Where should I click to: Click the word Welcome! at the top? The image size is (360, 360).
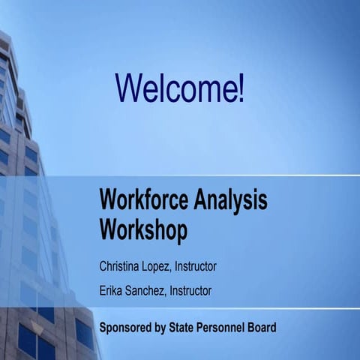[x=180, y=88]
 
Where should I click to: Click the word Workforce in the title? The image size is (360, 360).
[x=145, y=200]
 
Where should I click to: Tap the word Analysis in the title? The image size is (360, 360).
[x=232, y=200]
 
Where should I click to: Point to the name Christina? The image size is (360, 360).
[x=121, y=265]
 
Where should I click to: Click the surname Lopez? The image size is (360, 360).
[x=161, y=265]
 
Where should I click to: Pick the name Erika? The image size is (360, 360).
[x=112, y=290]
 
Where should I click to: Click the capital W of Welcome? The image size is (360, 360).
[x=128, y=88]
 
